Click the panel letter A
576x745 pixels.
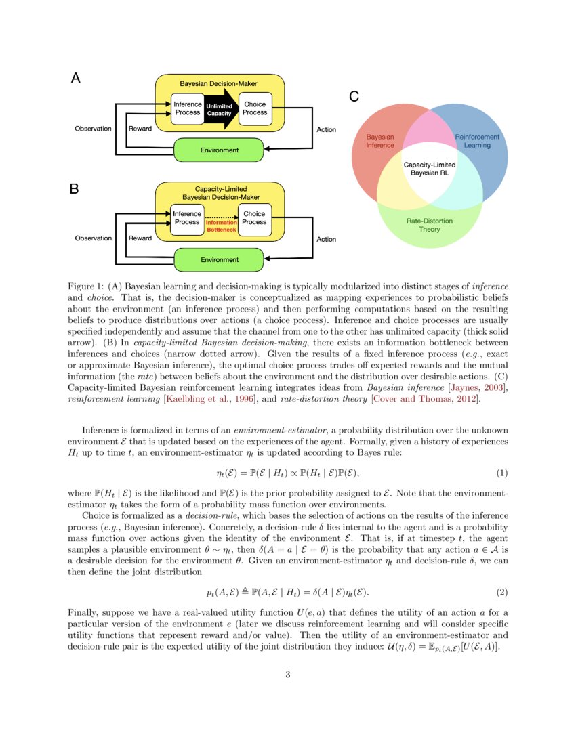76,79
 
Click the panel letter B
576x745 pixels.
75,190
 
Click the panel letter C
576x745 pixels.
354,98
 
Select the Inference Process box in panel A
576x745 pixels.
187,108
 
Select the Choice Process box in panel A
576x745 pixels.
255,108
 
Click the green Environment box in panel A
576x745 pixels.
219,150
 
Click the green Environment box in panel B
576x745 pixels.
219,259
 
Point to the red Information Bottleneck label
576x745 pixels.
221,226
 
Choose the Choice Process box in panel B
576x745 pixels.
254,218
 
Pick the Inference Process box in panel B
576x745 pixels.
187,218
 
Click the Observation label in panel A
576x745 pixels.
93,129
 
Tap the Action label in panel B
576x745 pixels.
326,239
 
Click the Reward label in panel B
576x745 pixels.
140,238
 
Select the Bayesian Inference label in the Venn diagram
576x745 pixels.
379,141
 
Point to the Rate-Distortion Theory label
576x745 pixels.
429,225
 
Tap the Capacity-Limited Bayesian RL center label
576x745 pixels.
430,169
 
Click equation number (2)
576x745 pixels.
501,592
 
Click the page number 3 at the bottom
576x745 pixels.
287,674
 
